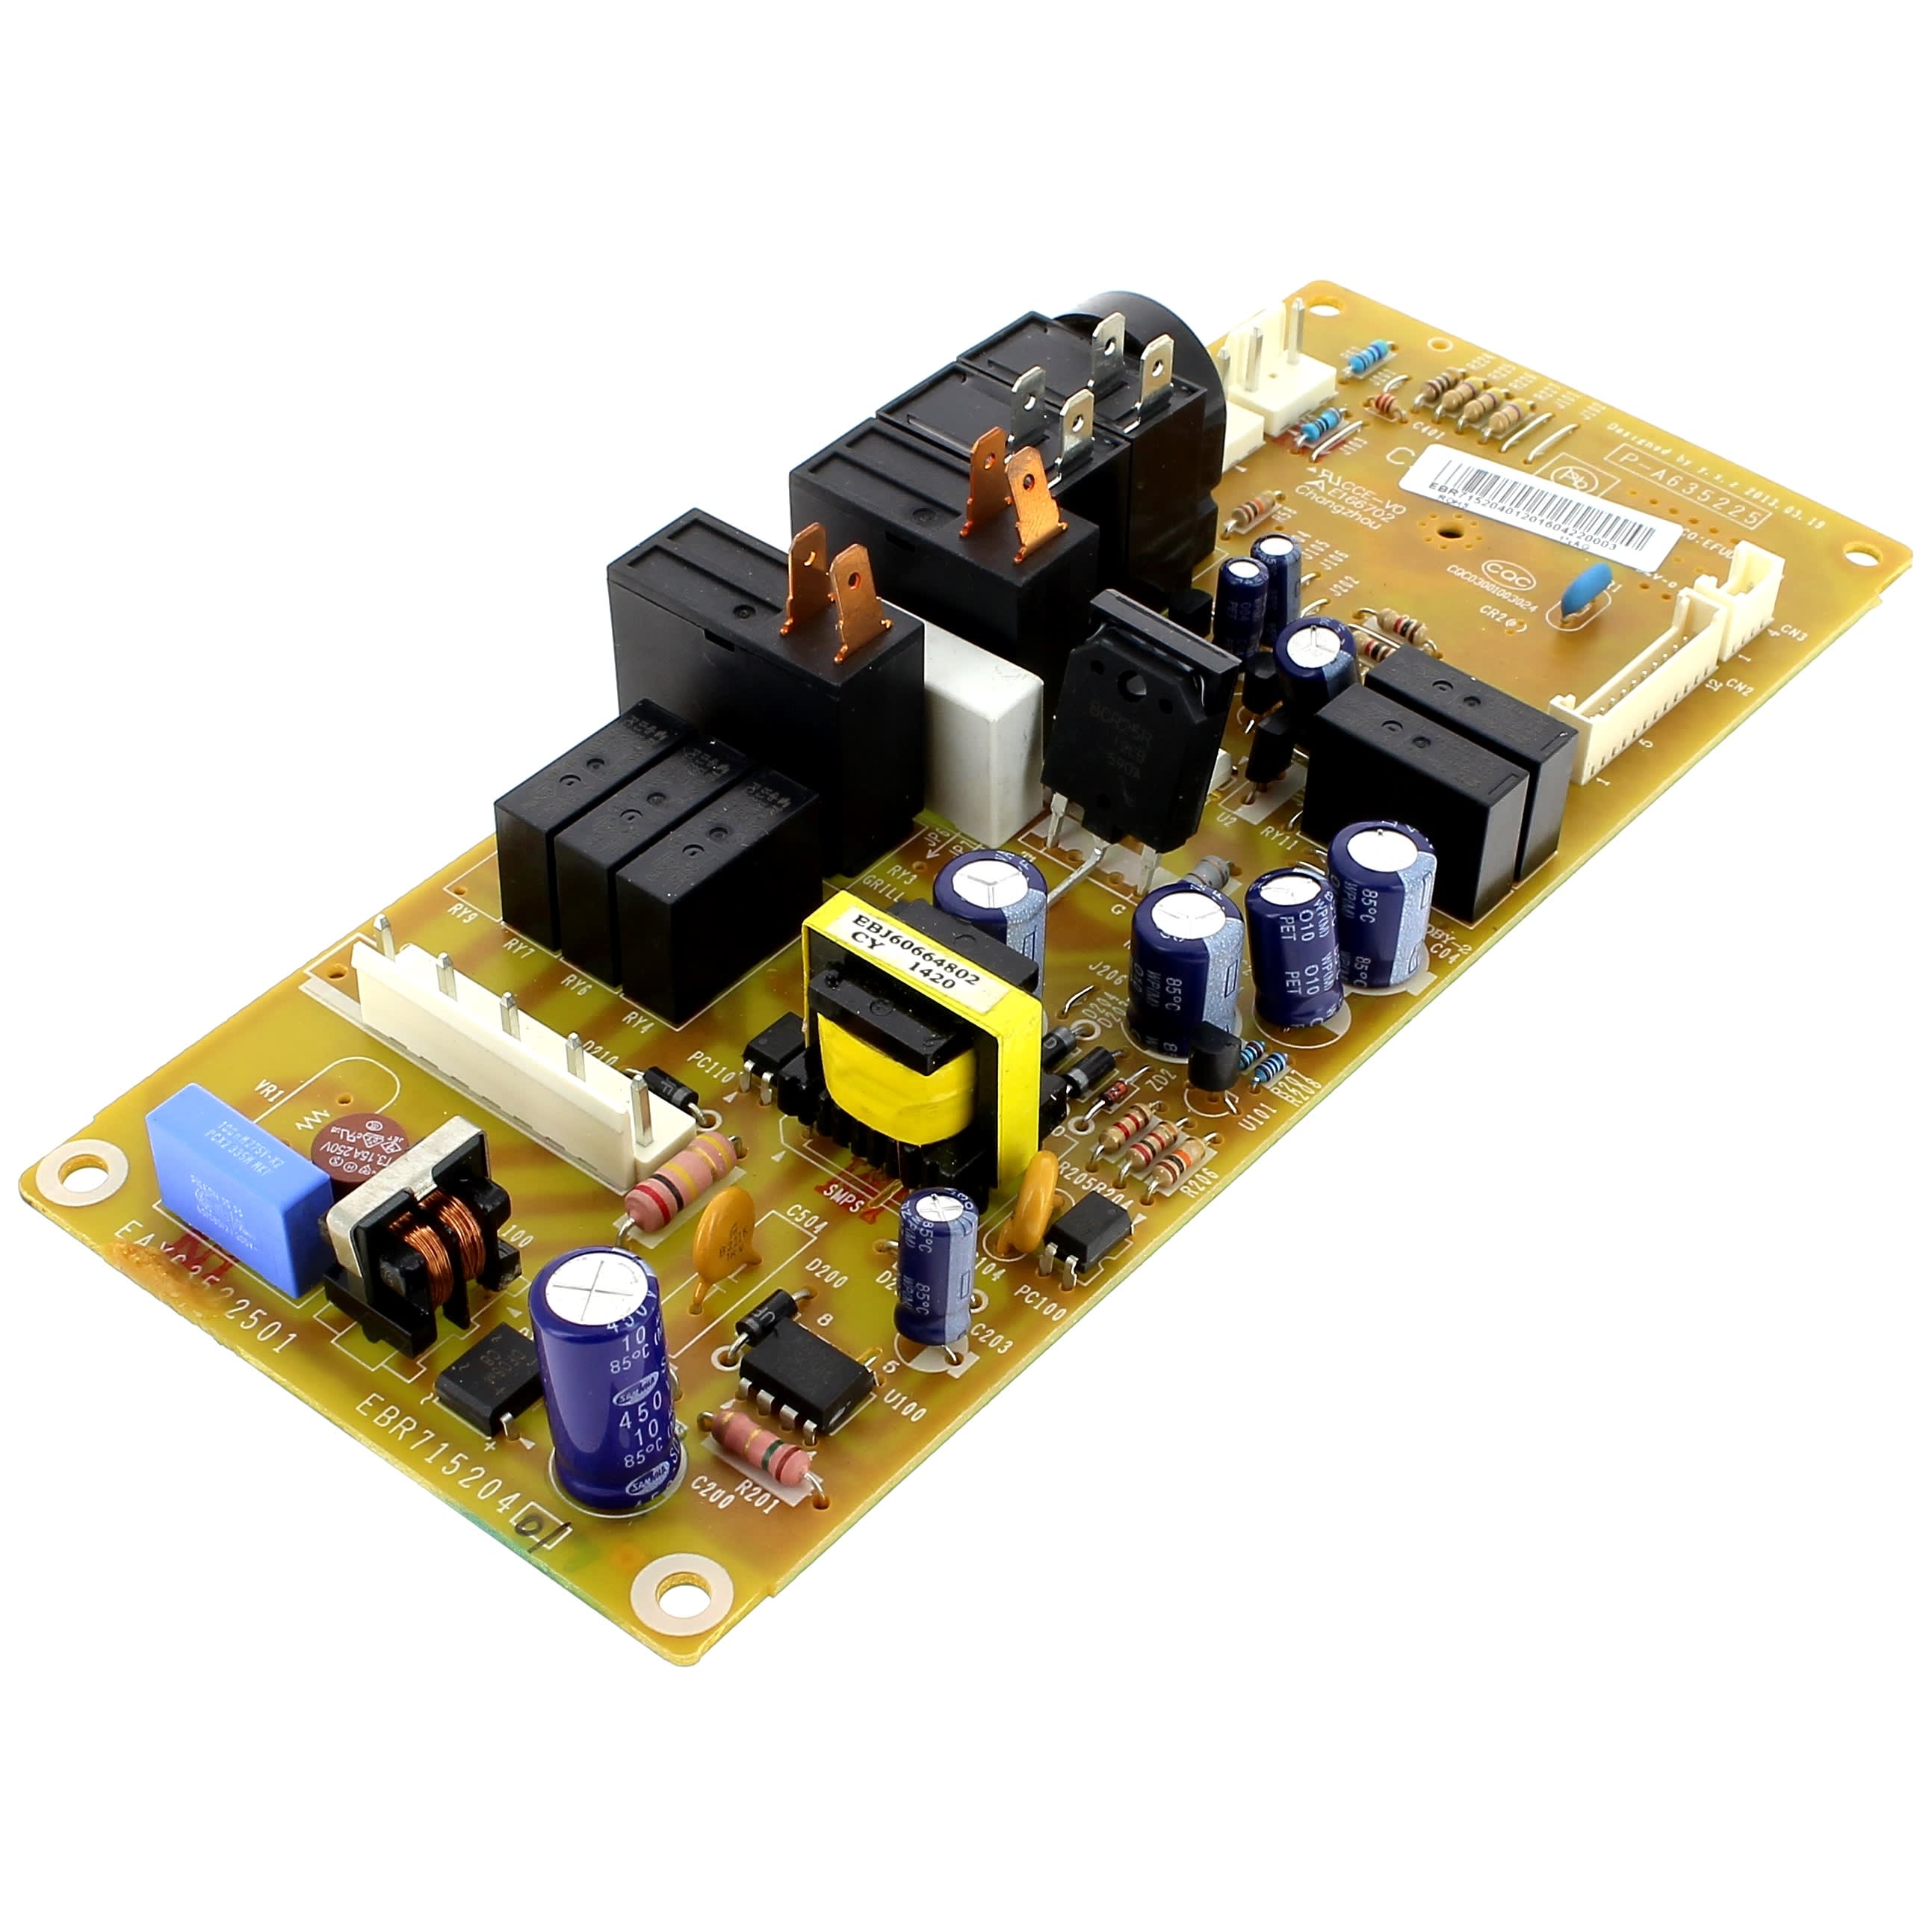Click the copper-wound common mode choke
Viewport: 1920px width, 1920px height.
[427, 1242]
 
